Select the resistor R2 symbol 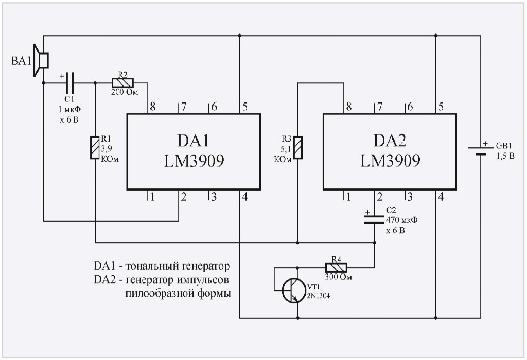pyautogui.click(x=122, y=82)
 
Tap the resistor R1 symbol pyautogui.click(x=95, y=148)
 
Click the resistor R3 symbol pyautogui.click(x=297, y=147)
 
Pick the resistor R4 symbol pyautogui.click(x=336, y=267)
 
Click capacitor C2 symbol pyautogui.click(x=374, y=219)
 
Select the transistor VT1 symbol pyautogui.click(x=291, y=292)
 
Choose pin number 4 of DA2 pyautogui.click(x=441, y=197)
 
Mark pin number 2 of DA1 pyautogui.click(x=183, y=197)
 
